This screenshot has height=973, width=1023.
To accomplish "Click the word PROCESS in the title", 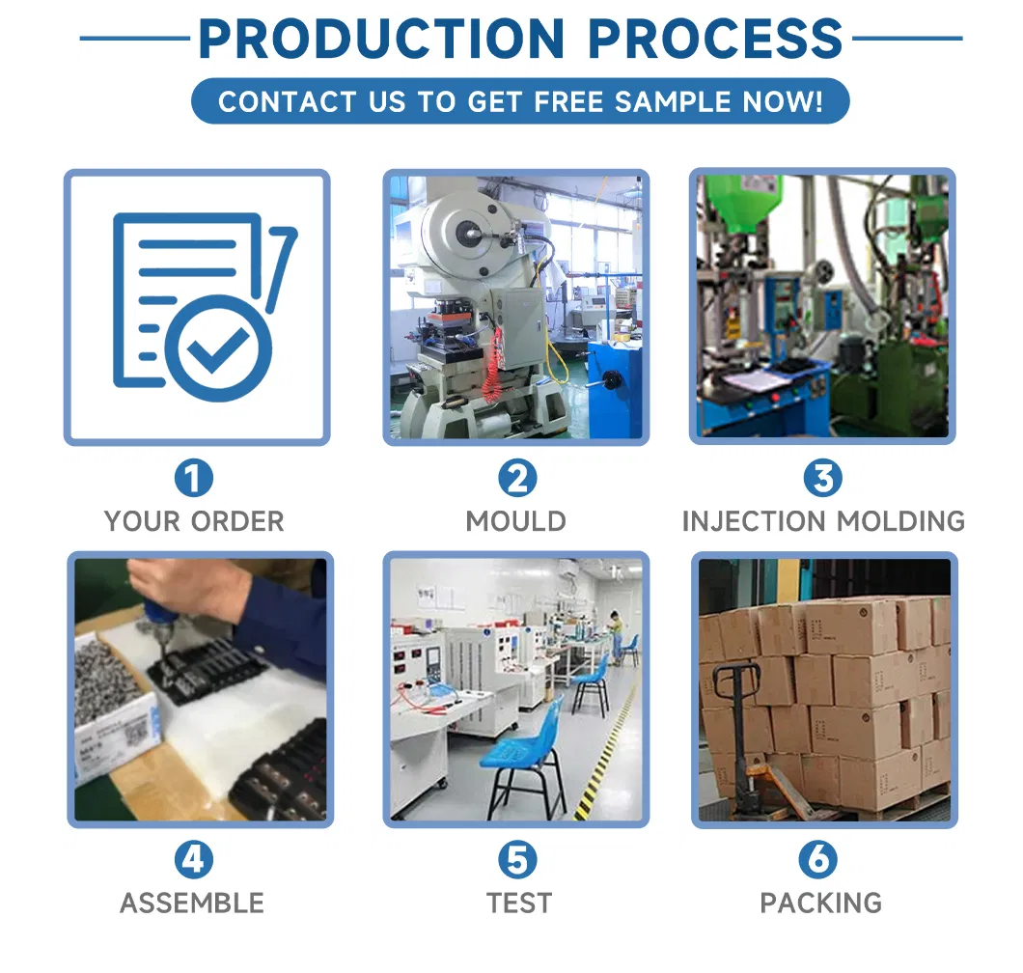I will [715, 39].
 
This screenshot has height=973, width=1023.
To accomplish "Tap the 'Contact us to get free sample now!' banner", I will [520, 101].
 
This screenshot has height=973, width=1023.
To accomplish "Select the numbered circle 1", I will [194, 478].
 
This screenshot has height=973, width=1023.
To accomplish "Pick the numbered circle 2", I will [517, 478].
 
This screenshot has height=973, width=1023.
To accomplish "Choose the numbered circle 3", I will [822, 478].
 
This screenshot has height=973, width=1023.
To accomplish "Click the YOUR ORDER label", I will [194, 521].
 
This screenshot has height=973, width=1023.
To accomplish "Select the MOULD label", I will [516, 521].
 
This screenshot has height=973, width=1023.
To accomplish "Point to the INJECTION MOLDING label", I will [823, 521].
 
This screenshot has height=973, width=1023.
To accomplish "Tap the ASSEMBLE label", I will [192, 903].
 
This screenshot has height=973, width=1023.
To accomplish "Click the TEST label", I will [518, 903].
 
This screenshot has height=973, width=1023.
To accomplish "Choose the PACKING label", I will [820, 903].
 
